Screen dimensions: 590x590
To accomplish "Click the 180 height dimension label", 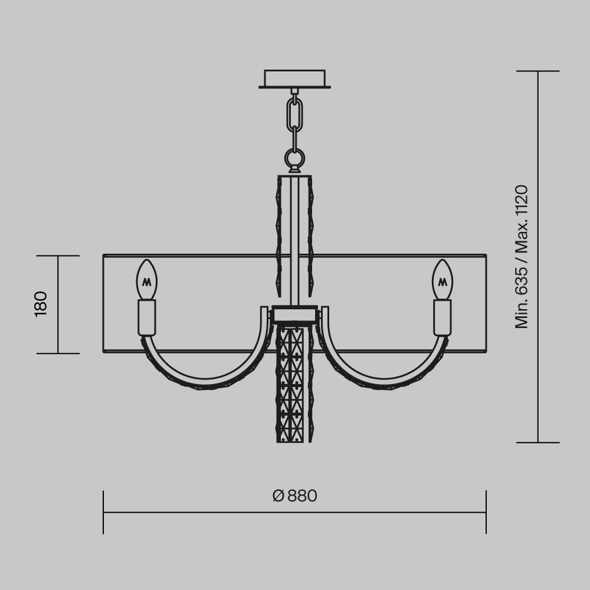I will click(x=41, y=304).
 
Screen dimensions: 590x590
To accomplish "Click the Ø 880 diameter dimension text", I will click(x=295, y=496).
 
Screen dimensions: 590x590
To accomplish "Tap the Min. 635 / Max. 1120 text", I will click(x=522, y=257).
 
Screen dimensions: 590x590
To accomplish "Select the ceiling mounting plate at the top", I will click(x=294, y=78).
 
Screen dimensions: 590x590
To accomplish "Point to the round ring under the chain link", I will click(x=294, y=158).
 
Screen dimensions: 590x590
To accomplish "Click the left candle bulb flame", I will click(x=147, y=280).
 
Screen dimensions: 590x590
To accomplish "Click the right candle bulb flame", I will click(x=442, y=280).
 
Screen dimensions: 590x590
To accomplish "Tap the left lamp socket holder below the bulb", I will click(x=147, y=317).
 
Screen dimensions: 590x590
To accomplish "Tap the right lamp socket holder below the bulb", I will click(x=442, y=317).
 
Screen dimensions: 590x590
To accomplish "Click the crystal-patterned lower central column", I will click(x=294, y=383).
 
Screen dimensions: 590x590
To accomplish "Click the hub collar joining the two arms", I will click(x=294, y=314).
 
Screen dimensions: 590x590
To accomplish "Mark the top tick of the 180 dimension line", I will click(x=58, y=256).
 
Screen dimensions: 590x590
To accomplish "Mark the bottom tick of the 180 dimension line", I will click(x=58, y=353).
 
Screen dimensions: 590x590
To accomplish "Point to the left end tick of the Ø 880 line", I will click(x=103, y=512).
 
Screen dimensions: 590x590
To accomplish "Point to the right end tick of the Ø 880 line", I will click(x=486, y=512).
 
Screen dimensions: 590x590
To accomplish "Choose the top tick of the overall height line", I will click(x=537, y=71).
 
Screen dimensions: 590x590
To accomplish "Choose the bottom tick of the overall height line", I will click(x=537, y=442).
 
